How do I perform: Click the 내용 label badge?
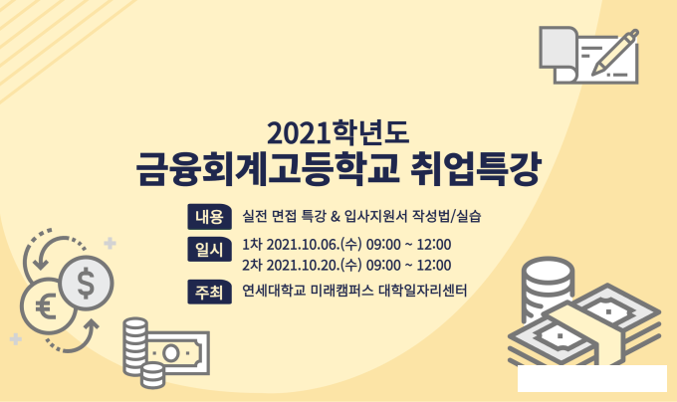click(x=209, y=217)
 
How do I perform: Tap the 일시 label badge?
click(x=209, y=250)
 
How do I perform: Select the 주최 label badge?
click(x=209, y=292)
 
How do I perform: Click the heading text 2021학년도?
click(x=338, y=132)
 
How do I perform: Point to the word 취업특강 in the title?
click(x=475, y=168)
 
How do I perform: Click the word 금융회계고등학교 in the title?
click(x=267, y=168)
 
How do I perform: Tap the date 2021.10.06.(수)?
click(x=314, y=245)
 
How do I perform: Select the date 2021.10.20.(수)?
click(x=314, y=265)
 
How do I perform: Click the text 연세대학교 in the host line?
click(x=274, y=291)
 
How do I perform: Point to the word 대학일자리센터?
click(x=423, y=291)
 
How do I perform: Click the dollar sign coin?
click(x=87, y=284)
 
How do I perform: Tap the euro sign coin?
click(x=46, y=306)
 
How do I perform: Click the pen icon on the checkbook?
click(x=615, y=52)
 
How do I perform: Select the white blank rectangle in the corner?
click(x=592, y=378)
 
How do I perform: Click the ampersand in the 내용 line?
click(x=336, y=216)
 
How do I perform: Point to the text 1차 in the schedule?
click(x=252, y=245)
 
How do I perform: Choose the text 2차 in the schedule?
click(x=252, y=265)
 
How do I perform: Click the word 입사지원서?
click(x=375, y=216)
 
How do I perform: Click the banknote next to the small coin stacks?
click(x=178, y=353)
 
